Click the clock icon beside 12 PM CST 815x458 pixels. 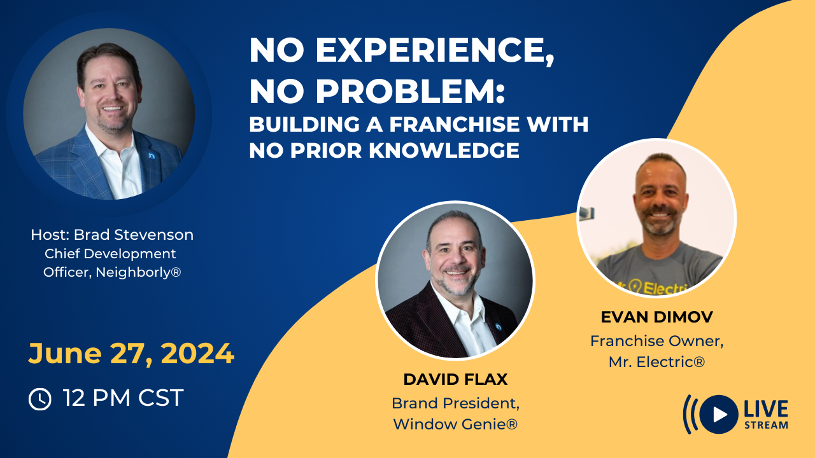coord(39,399)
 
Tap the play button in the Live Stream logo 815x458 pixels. coord(719,414)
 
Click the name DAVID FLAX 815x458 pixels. coord(455,380)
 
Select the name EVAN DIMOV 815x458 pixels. coord(656,317)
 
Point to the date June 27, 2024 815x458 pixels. coord(131,354)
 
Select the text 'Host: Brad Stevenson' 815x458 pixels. coord(112,235)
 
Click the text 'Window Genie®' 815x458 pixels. coord(455,424)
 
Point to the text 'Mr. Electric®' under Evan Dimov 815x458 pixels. coord(656,361)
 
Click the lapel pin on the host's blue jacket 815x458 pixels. coord(151,155)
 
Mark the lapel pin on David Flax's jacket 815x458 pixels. coord(499,326)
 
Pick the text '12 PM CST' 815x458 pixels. coord(123,398)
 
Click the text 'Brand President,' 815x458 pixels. coord(455,403)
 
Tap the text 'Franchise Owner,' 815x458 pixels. coord(656,341)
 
